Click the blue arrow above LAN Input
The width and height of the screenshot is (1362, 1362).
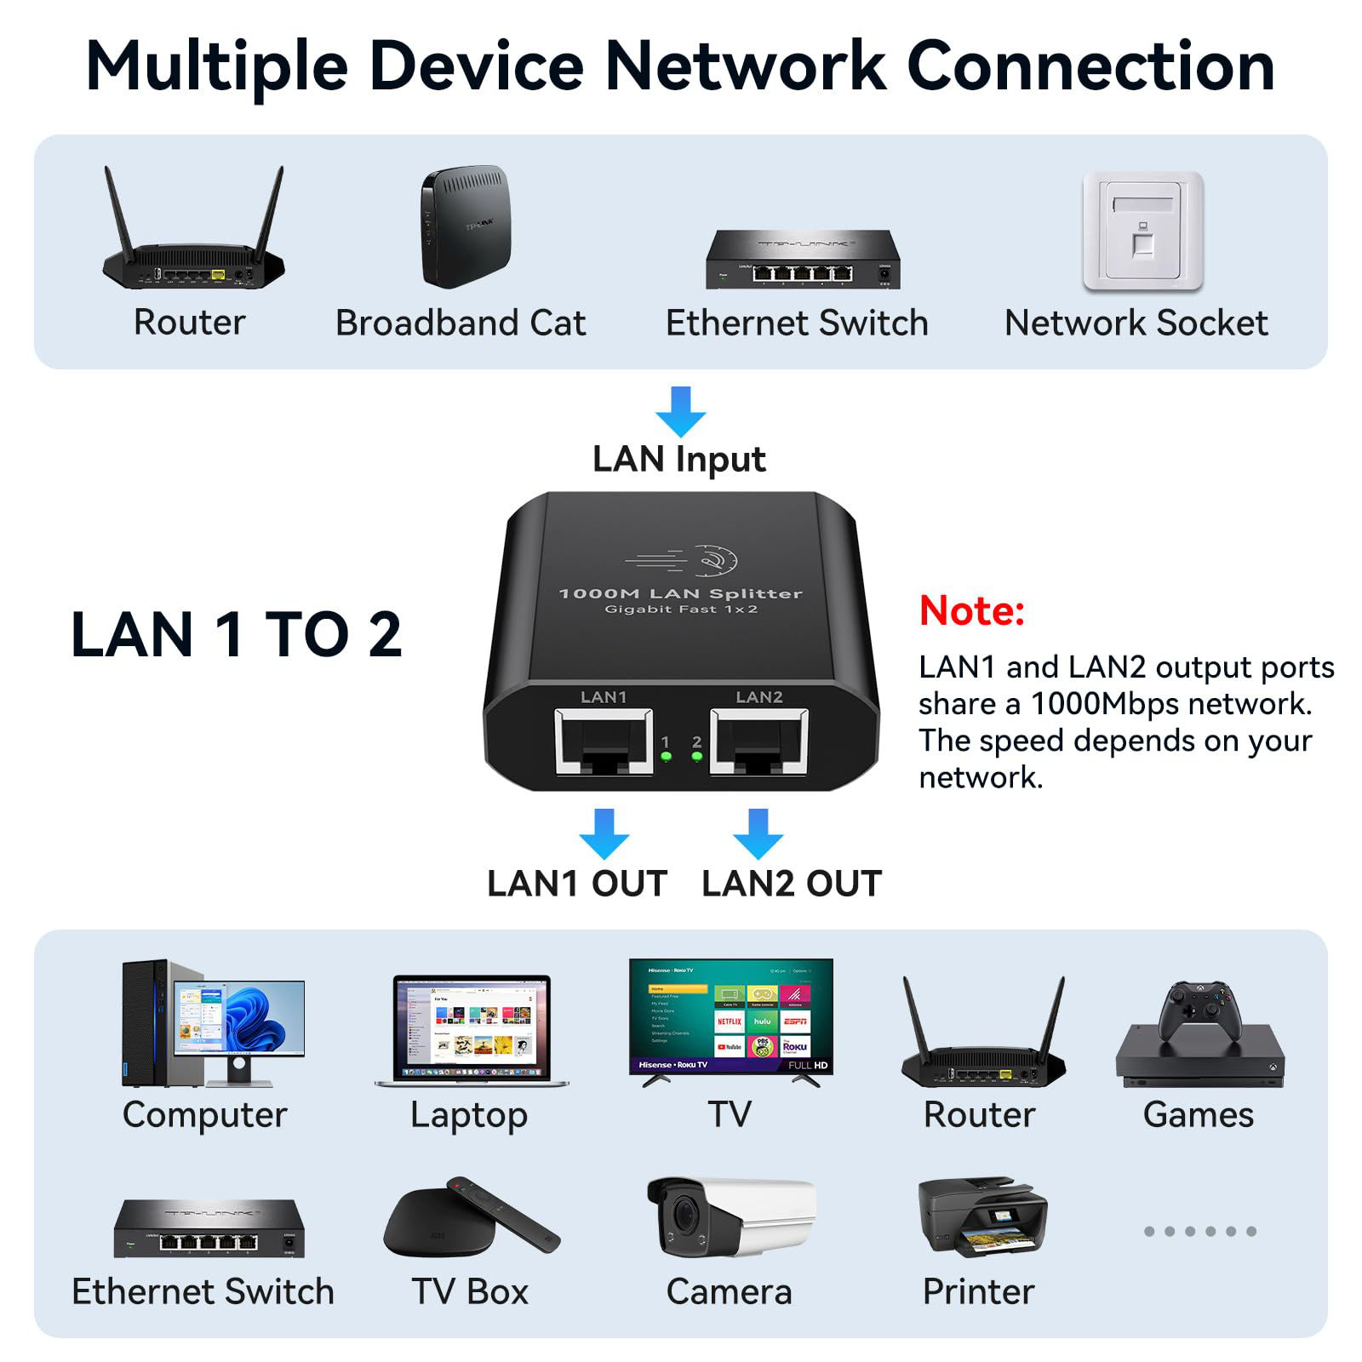tap(680, 411)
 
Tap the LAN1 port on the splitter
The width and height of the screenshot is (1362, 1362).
tap(604, 741)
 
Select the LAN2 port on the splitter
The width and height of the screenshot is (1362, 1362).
tap(758, 741)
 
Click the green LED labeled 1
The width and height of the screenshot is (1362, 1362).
tap(666, 756)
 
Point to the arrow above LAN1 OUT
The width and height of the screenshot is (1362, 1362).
tap(604, 833)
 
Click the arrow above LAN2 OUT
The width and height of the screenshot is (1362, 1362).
tap(758, 833)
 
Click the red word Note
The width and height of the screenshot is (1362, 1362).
tap(971, 611)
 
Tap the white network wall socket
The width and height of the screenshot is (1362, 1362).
tap(1142, 231)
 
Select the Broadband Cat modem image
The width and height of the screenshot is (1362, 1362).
tap(465, 226)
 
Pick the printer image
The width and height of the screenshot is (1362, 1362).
tap(981, 1218)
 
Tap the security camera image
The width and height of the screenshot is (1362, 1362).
tap(729, 1216)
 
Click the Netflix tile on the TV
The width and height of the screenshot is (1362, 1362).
tap(730, 1021)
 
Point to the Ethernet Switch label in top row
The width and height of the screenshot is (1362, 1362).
tap(796, 323)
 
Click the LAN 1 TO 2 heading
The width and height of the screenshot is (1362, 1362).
tap(236, 635)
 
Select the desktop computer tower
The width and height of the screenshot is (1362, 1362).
tap(149, 1022)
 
